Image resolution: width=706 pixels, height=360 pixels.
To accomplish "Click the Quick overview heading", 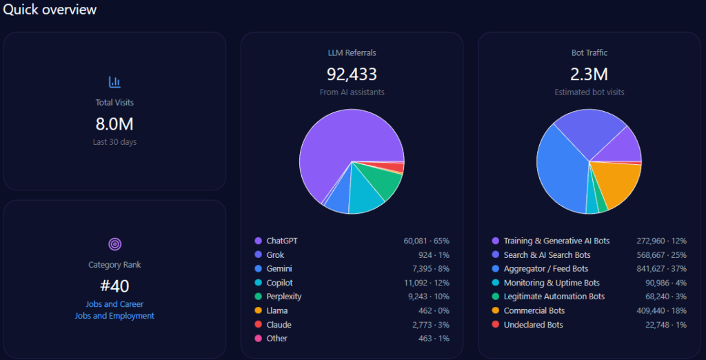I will pos(50,10).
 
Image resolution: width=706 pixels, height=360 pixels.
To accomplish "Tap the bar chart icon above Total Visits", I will pos(114,82).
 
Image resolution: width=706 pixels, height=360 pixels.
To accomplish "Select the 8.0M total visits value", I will pos(114,124).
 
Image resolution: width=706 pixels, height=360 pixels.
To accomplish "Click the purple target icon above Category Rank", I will pos(114,244).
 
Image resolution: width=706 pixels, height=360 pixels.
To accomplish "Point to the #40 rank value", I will pos(114,286).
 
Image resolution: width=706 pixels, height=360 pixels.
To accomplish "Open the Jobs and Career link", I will pos(114,304).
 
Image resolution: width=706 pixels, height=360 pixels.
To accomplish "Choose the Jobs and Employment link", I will pos(114,316).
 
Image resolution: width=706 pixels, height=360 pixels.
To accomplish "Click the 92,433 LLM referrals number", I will pos(352,74).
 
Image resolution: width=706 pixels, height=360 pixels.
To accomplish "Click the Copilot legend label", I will pos(279,283).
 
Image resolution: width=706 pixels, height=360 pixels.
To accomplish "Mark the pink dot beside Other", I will pos(259,339).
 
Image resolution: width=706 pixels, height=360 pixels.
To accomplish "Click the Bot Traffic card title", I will pos(589,52).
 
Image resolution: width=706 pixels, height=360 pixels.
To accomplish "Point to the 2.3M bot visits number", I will pos(589,74).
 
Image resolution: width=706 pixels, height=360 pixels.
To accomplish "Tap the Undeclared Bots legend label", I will pos(533,325).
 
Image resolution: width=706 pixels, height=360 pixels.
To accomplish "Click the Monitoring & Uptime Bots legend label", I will pos(552,283).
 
